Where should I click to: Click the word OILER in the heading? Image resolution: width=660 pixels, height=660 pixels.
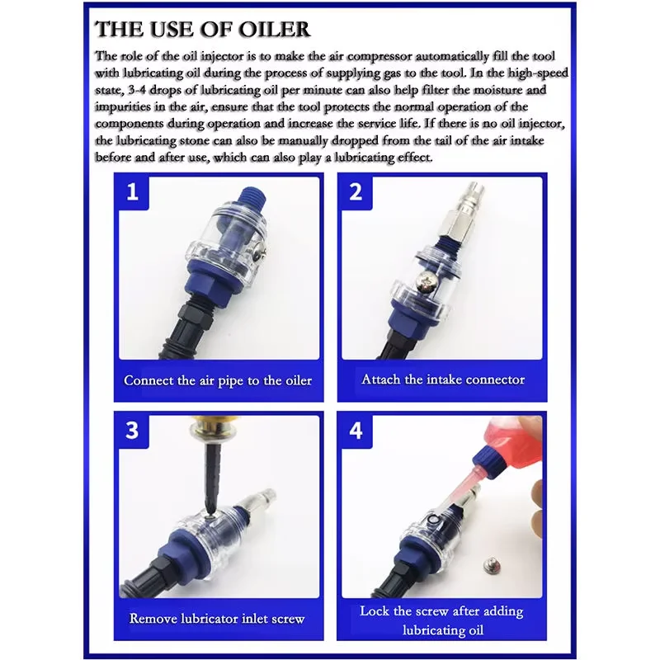[274, 29]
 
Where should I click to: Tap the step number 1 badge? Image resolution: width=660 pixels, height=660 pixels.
[132, 192]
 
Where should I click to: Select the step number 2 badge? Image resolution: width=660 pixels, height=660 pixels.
[356, 192]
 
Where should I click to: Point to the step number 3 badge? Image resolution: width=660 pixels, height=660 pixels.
[132, 431]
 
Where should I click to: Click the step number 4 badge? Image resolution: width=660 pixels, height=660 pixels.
[356, 431]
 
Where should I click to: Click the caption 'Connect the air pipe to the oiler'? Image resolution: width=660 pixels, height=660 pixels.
[218, 380]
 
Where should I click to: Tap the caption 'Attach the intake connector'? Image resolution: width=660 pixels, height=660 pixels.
[443, 379]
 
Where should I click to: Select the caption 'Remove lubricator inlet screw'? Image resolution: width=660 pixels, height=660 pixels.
[217, 618]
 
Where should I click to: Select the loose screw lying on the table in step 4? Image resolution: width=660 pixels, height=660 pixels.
[492, 564]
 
